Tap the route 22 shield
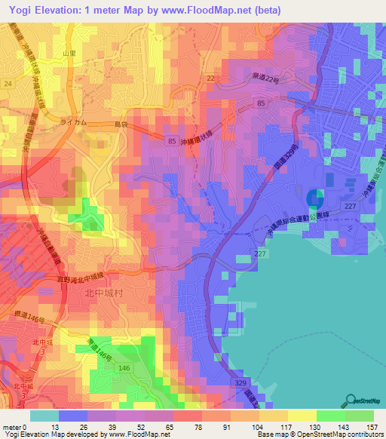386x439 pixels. (210, 78)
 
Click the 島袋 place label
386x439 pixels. (121, 124)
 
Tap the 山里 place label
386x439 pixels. (70, 54)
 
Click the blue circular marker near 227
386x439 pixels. (316, 199)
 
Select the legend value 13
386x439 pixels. (57, 427)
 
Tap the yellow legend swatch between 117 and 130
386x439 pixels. (302, 416)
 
